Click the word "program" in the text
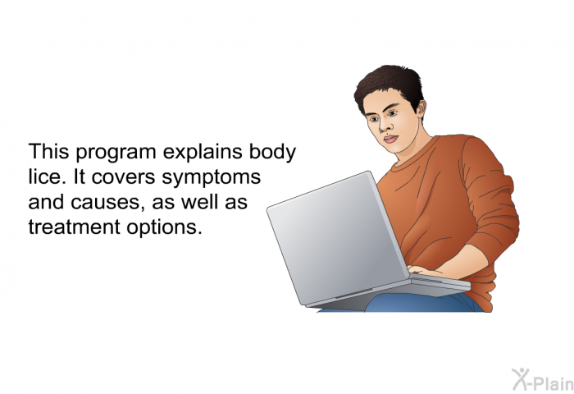[x=116, y=153]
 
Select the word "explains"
[x=203, y=152]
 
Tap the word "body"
[x=272, y=152]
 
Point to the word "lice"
[x=47, y=176]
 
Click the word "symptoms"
[x=212, y=178]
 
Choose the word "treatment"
[x=75, y=227]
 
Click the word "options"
[x=164, y=228]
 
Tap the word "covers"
[x=124, y=177]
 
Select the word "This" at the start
[x=48, y=151]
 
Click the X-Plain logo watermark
[x=543, y=379]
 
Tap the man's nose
[x=383, y=126]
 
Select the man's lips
[x=390, y=139]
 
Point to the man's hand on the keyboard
[x=425, y=271]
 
